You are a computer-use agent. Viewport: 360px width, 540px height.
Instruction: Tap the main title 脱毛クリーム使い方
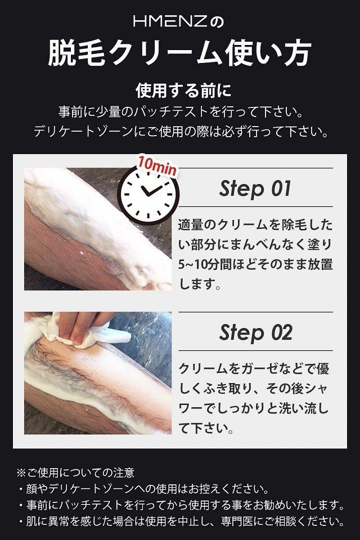point(180,53)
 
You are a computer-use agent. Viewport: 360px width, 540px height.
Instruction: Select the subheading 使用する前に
point(183,91)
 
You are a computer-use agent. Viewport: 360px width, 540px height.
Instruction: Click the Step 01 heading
point(255,188)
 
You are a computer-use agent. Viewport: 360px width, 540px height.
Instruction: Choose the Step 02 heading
point(255,332)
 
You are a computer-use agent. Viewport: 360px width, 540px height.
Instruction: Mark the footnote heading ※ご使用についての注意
point(75,472)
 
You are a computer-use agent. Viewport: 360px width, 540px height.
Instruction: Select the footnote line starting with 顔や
point(143,489)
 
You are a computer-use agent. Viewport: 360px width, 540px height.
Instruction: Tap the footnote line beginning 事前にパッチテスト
point(181,505)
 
